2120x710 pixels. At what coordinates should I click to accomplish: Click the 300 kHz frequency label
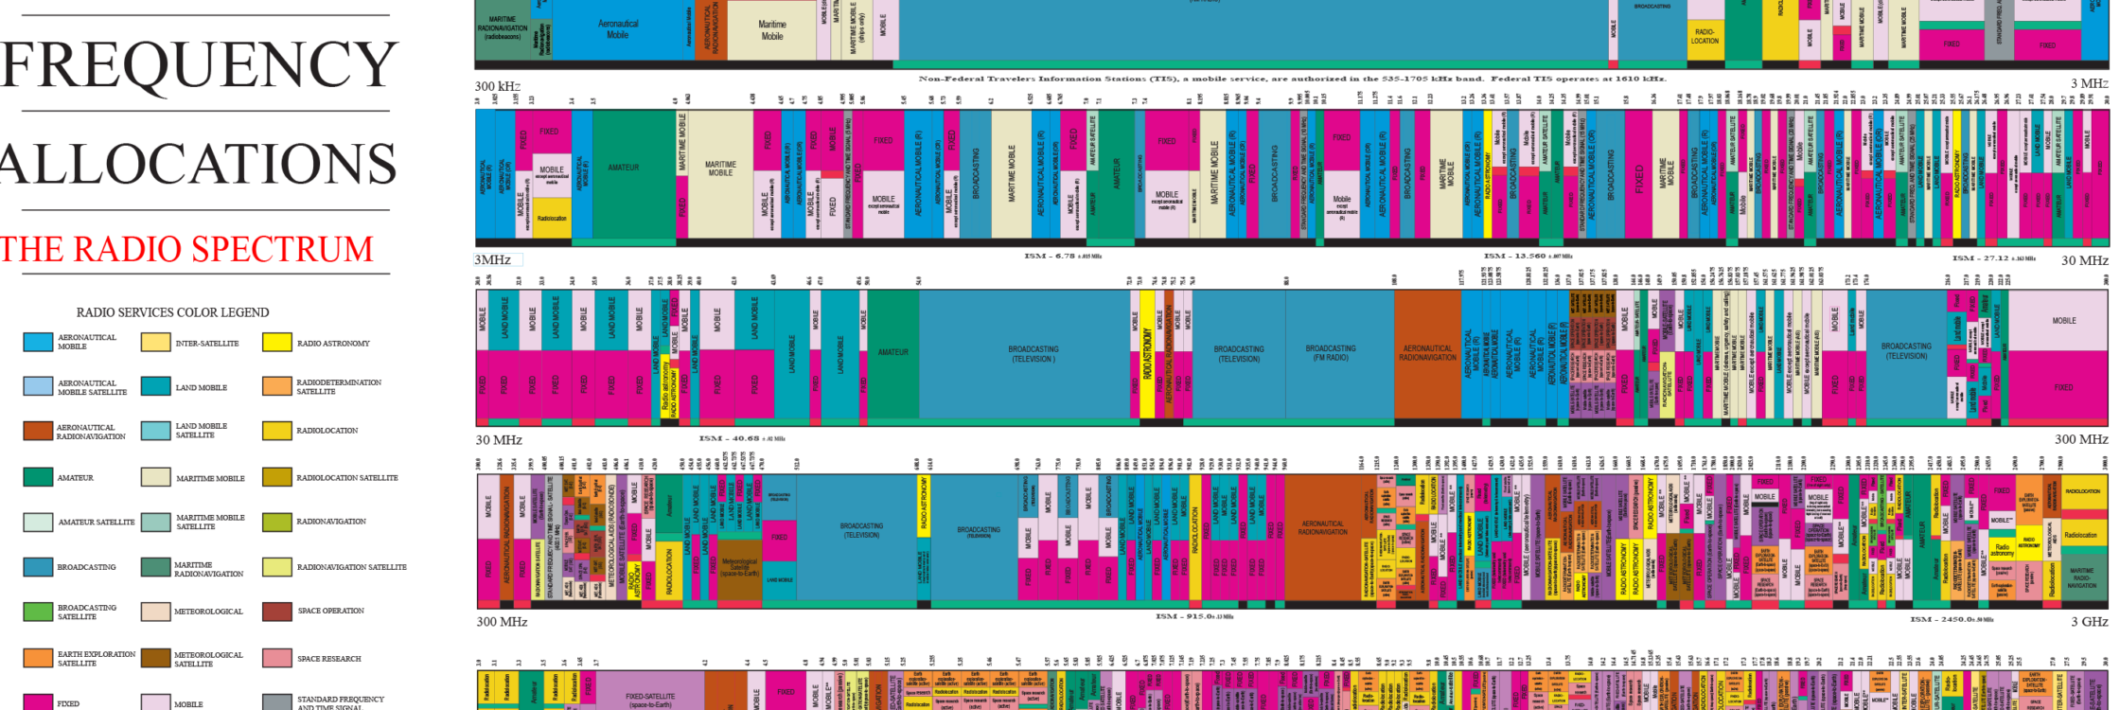click(x=498, y=86)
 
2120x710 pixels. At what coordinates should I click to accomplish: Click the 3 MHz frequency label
click(x=2089, y=83)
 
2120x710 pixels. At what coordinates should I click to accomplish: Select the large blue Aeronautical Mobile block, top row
click(x=617, y=29)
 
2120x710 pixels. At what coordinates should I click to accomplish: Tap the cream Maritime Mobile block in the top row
click(x=771, y=30)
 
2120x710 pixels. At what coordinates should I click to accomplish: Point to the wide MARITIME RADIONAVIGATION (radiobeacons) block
click(x=503, y=27)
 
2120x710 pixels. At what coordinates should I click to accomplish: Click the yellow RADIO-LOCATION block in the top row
click(x=1705, y=36)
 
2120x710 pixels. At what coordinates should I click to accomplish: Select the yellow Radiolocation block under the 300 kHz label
click(x=552, y=218)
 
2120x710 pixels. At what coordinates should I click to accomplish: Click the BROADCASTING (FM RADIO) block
click(x=1330, y=353)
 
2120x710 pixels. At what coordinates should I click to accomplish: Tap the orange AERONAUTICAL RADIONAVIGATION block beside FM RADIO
click(x=1427, y=353)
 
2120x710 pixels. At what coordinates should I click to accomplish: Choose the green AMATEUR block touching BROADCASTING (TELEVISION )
click(x=892, y=352)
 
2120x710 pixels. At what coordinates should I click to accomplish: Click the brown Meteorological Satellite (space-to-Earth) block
click(x=739, y=568)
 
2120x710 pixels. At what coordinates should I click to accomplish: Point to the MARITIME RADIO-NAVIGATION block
click(x=2081, y=577)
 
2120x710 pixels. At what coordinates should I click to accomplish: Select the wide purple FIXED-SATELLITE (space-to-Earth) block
click(x=650, y=700)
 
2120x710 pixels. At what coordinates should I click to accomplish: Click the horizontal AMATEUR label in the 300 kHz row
click(x=623, y=168)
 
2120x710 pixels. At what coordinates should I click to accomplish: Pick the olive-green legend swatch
click(x=277, y=523)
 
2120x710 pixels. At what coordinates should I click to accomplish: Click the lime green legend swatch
click(x=38, y=612)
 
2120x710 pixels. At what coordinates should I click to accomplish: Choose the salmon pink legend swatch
click(x=277, y=658)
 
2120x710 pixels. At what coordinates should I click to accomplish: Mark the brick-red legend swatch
click(x=277, y=612)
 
